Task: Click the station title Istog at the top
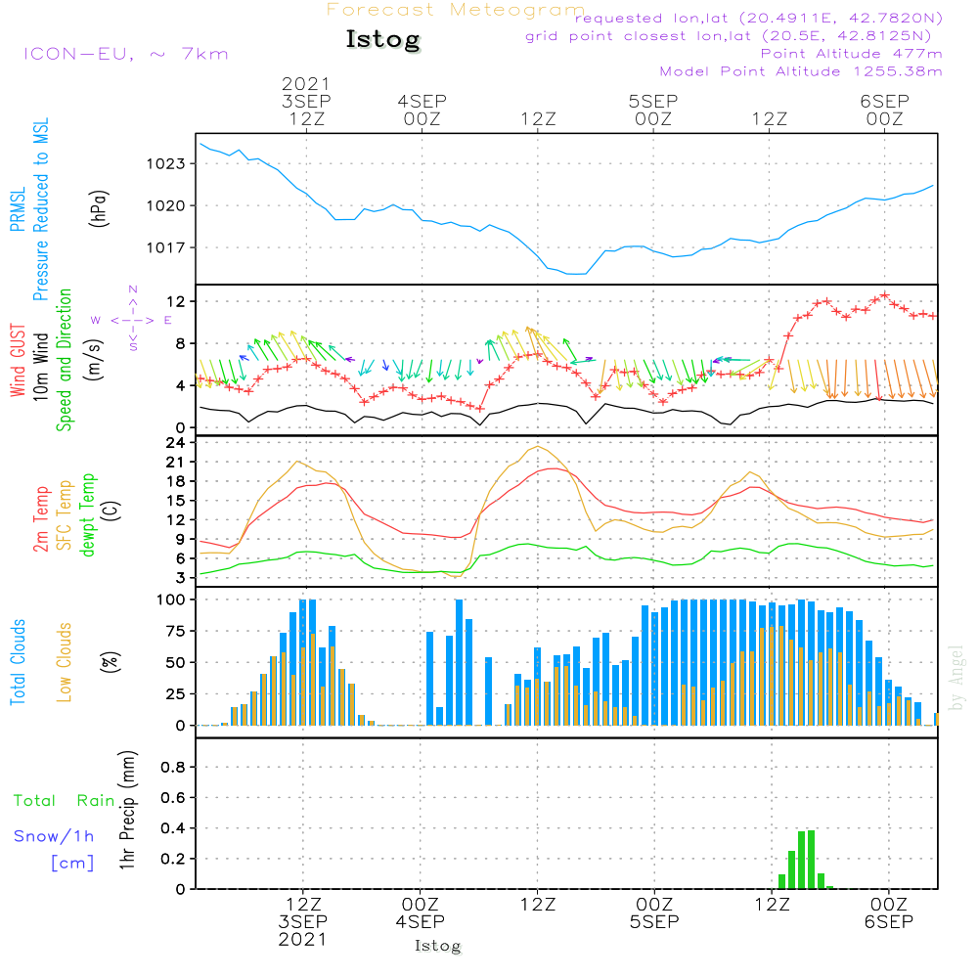pos(382,40)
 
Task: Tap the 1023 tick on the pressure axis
pos(167,163)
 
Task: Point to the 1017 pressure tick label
pos(167,247)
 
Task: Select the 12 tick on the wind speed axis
pos(177,300)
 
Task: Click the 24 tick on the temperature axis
pos(176,442)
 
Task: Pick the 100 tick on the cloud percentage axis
pos(172,599)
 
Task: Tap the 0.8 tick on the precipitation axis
pos(173,768)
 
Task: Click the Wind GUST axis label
pos(18,363)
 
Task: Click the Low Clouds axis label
pos(65,662)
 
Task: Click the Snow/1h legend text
pos(54,836)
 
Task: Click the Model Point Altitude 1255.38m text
pos(801,71)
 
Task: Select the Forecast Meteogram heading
pos(456,10)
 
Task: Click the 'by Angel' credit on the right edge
pos(956,678)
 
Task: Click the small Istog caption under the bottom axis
pos(437,946)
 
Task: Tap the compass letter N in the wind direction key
pos(133,289)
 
